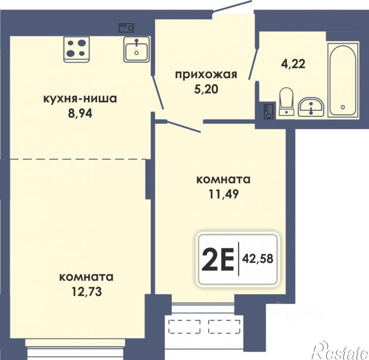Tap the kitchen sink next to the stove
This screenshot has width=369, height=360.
click(136, 50)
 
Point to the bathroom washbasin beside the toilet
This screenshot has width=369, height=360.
click(311, 107)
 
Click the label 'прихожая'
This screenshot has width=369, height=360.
click(206, 75)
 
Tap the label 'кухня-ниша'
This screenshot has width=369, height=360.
click(80, 99)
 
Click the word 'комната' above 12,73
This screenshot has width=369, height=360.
click(86, 278)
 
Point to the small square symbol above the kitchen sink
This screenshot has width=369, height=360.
click(126, 27)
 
